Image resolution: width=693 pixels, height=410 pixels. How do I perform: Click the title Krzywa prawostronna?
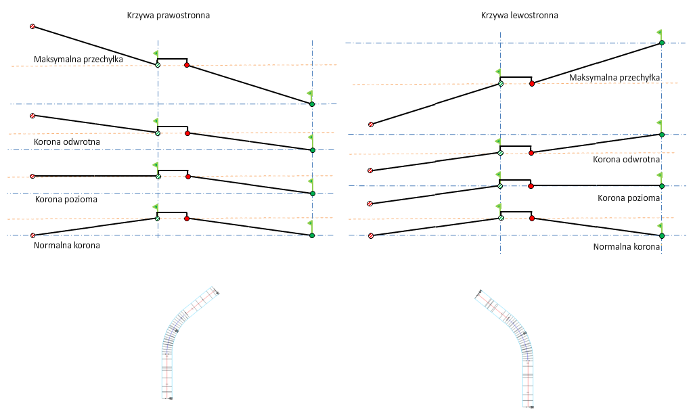click(168, 15)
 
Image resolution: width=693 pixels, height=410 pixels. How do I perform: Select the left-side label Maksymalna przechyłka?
click(78, 60)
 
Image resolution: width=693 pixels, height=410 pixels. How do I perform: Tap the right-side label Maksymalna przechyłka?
click(614, 78)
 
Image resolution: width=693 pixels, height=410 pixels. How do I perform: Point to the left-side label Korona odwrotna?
click(67, 142)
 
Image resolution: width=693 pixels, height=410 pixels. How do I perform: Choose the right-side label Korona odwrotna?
click(626, 160)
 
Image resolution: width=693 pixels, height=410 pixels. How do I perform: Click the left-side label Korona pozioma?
click(66, 200)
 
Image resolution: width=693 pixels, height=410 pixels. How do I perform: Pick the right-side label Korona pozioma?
click(629, 198)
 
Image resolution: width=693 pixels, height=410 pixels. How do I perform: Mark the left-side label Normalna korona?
click(66, 245)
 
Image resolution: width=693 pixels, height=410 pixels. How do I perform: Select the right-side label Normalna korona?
click(626, 247)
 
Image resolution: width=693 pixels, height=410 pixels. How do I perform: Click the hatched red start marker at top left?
click(32, 26)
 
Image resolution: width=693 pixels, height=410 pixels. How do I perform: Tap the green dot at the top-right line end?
click(661, 43)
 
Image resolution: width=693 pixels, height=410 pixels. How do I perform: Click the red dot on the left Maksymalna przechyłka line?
click(187, 66)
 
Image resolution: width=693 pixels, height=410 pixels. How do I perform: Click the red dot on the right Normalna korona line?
click(532, 219)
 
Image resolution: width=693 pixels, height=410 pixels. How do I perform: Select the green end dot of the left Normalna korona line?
click(312, 235)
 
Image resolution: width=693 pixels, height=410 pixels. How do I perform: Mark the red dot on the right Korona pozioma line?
click(531, 185)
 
